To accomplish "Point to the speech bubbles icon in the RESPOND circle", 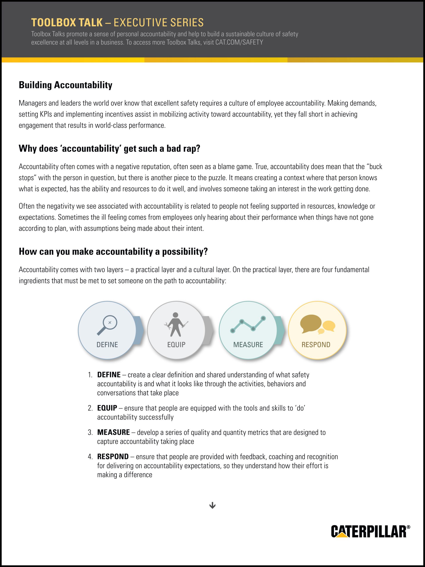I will [317, 325].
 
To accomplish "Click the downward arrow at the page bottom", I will [212, 505].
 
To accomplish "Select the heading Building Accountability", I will [65, 85].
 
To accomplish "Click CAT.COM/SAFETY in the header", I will [239, 42].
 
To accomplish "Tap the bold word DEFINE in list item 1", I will [109, 375].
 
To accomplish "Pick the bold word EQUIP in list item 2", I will [107, 408].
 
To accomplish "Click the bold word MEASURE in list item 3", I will [113, 433].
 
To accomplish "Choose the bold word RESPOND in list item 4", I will [113, 457].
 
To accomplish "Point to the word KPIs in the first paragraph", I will [46, 114].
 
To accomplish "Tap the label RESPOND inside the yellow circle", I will [316, 345].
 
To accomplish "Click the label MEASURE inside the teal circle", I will [248, 345].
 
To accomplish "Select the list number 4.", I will [90, 457].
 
